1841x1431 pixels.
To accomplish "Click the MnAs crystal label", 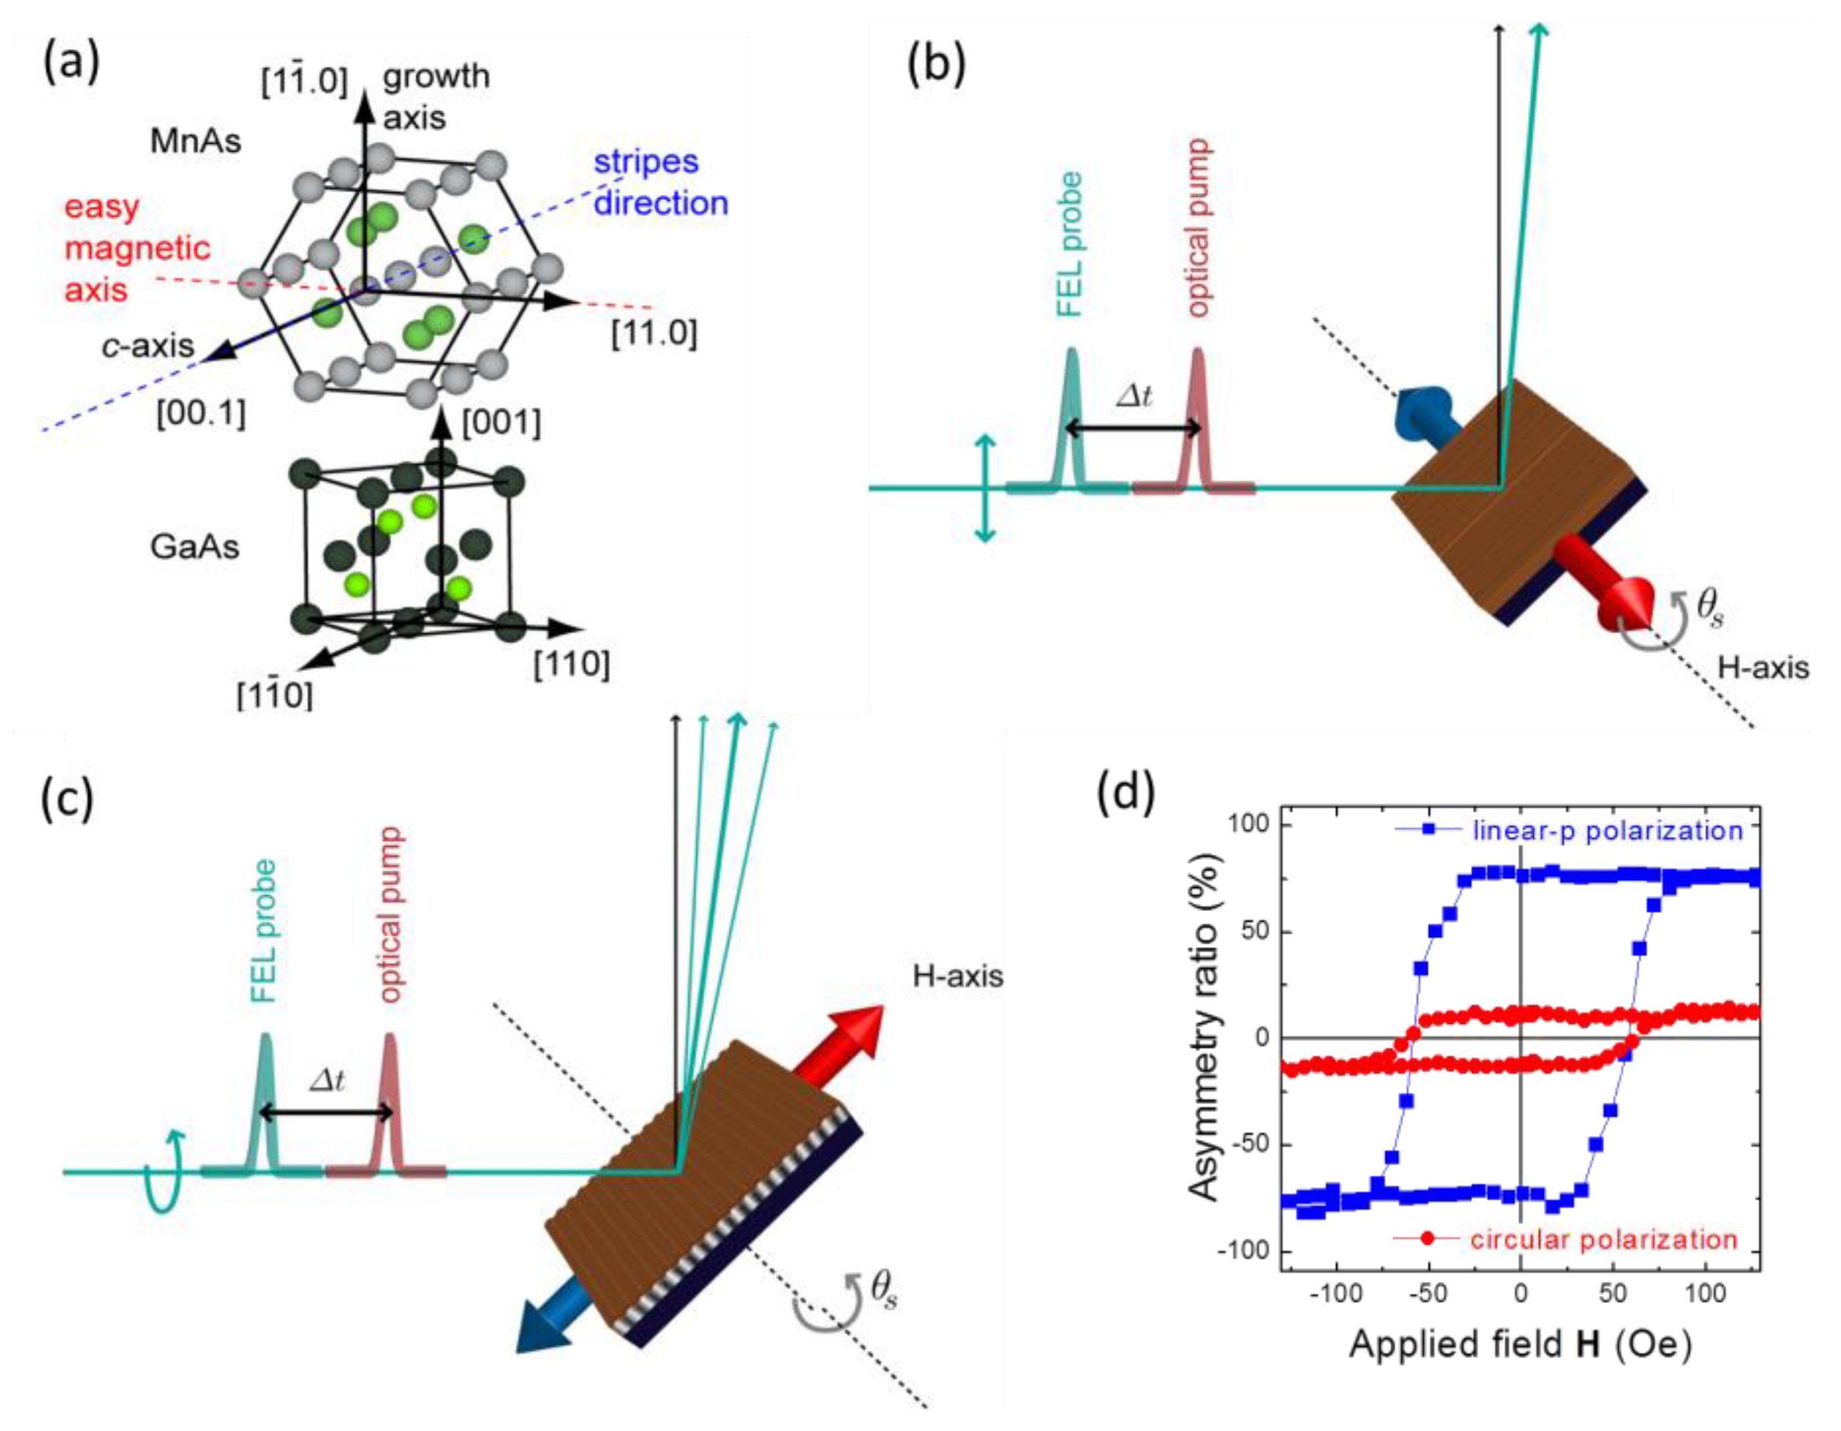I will pos(196,141).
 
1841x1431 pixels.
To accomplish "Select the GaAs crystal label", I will pos(195,547).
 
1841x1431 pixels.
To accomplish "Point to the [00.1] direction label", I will pos(201,414).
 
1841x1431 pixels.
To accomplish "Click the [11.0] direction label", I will pos(654,334).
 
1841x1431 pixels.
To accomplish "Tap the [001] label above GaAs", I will pos(501,422).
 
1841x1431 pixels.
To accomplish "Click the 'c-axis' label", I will pos(148,346).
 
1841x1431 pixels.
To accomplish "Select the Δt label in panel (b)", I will pos(1134,396).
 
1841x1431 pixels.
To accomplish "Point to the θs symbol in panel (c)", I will pos(882,1291).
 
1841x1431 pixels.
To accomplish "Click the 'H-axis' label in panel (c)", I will pos(958,976).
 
